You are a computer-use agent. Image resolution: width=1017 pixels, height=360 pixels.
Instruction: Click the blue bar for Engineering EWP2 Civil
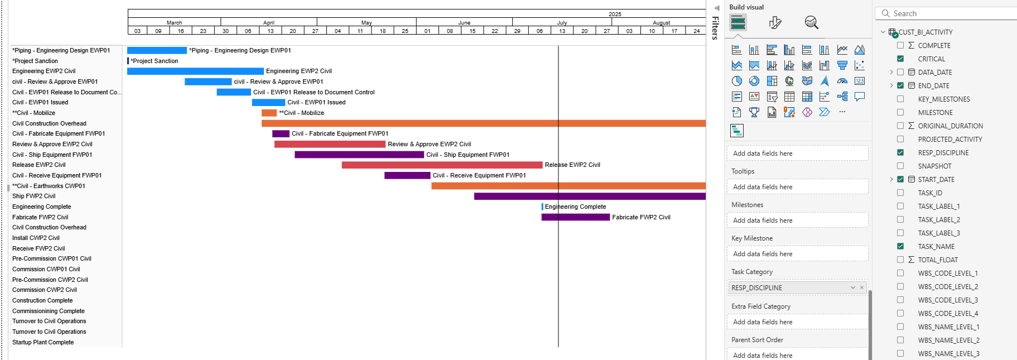point(195,71)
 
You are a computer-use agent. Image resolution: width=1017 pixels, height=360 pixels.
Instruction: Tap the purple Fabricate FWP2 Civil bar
point(575,217)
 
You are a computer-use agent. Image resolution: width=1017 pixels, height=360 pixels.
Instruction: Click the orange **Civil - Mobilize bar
point(269,113)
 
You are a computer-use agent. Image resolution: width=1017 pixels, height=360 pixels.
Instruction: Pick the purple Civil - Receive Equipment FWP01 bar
point(407,175)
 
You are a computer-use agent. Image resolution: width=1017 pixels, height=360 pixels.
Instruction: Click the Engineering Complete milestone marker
point(542,207)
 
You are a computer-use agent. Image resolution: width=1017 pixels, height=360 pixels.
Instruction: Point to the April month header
point(269,22)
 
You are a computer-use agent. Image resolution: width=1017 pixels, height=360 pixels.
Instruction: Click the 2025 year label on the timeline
point(615,14)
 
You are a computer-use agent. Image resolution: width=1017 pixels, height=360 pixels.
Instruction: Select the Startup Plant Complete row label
point(43,342)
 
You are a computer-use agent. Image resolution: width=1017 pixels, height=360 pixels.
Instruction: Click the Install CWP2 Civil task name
point(36,238)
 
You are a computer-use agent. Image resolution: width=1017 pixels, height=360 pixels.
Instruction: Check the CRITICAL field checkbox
point(900,59)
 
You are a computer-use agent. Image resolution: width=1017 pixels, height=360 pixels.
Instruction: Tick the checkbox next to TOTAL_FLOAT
point(900,260)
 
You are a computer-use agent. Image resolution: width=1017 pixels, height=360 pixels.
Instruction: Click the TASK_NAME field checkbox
point(900,246)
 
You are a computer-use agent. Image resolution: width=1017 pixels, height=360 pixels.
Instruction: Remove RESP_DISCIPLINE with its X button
point(862,287)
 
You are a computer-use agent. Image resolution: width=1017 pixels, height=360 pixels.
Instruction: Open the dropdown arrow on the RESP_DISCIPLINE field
point(853,287)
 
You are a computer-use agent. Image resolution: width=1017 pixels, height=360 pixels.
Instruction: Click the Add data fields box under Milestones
point(797,220)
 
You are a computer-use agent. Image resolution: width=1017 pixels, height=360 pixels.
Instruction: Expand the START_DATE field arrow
point(891,179)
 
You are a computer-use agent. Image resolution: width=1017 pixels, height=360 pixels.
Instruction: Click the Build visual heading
point(746,7)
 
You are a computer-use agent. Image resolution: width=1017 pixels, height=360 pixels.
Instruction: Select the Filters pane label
point(715,28)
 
